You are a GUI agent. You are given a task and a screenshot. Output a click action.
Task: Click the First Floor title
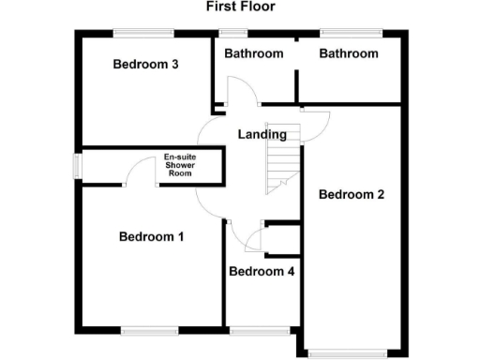pos(240,7)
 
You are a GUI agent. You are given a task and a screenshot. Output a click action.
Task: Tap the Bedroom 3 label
pos(145,65)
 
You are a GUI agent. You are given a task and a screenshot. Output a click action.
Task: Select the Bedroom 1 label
pos(151,237)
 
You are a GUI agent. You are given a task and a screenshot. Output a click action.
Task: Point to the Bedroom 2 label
pos(352,195)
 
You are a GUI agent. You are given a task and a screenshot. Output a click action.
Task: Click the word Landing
pos(262,135)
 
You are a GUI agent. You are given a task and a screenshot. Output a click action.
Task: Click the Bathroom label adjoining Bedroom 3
pos(254,53)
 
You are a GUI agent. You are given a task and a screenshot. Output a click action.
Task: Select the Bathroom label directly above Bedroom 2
pos(349,53)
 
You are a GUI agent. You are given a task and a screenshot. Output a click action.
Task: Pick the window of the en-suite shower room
pos(78,165)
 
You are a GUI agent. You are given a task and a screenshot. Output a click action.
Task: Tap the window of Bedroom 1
pos(149,329)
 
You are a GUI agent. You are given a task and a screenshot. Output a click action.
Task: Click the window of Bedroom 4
pos(260,329)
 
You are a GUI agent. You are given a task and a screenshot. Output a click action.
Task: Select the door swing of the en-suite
pos(142,173)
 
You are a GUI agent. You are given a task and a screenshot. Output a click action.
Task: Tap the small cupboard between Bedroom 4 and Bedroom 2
pos(281,240)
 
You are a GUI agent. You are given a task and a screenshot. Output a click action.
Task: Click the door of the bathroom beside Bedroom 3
pos(240,94)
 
